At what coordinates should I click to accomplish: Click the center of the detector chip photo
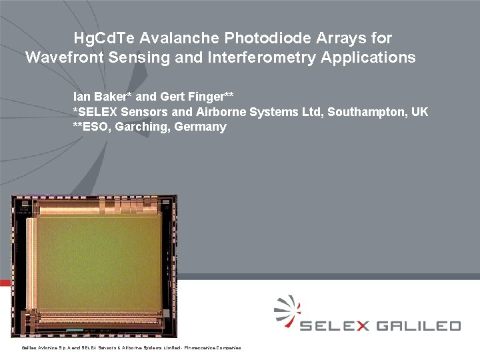pos(95,265)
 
